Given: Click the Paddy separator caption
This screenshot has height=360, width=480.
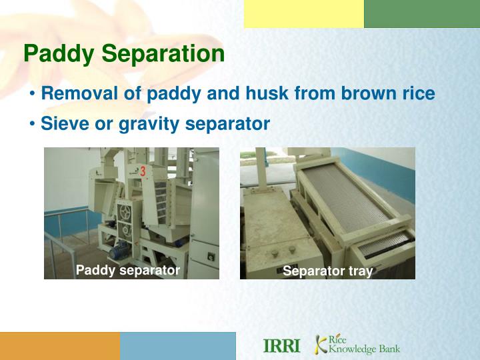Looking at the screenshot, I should click(128, 270).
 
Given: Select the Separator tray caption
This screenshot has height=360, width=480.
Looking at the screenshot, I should click(327, 271).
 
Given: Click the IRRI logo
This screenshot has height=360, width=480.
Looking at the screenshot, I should click(282, 346).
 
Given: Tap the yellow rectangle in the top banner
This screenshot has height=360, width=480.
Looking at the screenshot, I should click(303, 14).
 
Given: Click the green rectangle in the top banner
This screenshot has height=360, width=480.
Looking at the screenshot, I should click(421, 14).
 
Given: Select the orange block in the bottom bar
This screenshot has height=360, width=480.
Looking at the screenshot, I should click(60, 346).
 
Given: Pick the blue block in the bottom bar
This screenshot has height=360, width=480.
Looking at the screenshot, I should click(178, 346).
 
